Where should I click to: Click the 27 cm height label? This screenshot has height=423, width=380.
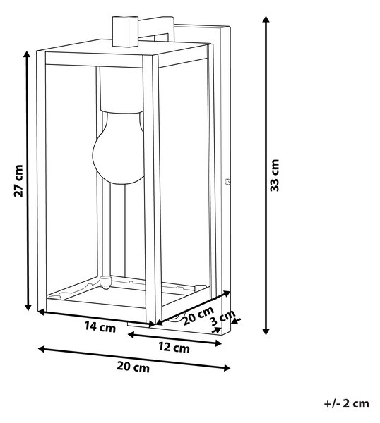pos(18,180)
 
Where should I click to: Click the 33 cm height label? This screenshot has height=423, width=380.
pos(275,176)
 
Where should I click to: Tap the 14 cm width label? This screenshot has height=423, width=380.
pos(100,326)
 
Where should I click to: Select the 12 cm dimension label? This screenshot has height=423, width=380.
pos(174,347)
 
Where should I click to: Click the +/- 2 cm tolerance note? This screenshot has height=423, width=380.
pos(347,403)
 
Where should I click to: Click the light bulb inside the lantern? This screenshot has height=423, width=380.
pos(119,148)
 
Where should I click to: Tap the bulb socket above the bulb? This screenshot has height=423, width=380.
pos(121,90)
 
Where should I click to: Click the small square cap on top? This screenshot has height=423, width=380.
pos(126,31)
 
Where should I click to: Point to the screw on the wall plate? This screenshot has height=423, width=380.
pos(227,182)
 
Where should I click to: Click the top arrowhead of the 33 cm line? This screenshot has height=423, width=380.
pos(266,20)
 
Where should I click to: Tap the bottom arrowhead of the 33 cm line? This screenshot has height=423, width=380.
pos(266,331)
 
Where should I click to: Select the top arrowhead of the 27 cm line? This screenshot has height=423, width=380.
pos(27,54)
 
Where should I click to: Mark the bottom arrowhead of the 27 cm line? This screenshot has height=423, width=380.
pos(28,307)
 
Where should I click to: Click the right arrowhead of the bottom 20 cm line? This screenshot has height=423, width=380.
pos(227,368)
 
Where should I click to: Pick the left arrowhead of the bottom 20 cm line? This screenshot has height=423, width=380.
pos(42,349)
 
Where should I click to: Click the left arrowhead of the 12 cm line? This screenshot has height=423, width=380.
pos(131,335)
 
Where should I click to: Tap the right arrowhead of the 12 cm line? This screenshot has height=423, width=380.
pos(218,343)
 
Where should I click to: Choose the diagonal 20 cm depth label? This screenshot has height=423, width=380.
pos(198,315)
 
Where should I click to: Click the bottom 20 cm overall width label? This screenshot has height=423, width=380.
pos(133,367)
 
